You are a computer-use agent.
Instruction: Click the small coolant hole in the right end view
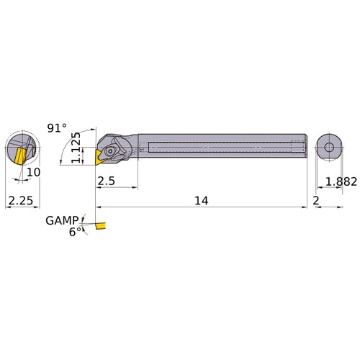click(329, 147)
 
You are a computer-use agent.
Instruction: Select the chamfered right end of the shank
click(305, 147)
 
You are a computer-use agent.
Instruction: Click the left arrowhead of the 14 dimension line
click(99, 208)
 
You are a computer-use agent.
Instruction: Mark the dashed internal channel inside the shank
click(216, 147)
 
